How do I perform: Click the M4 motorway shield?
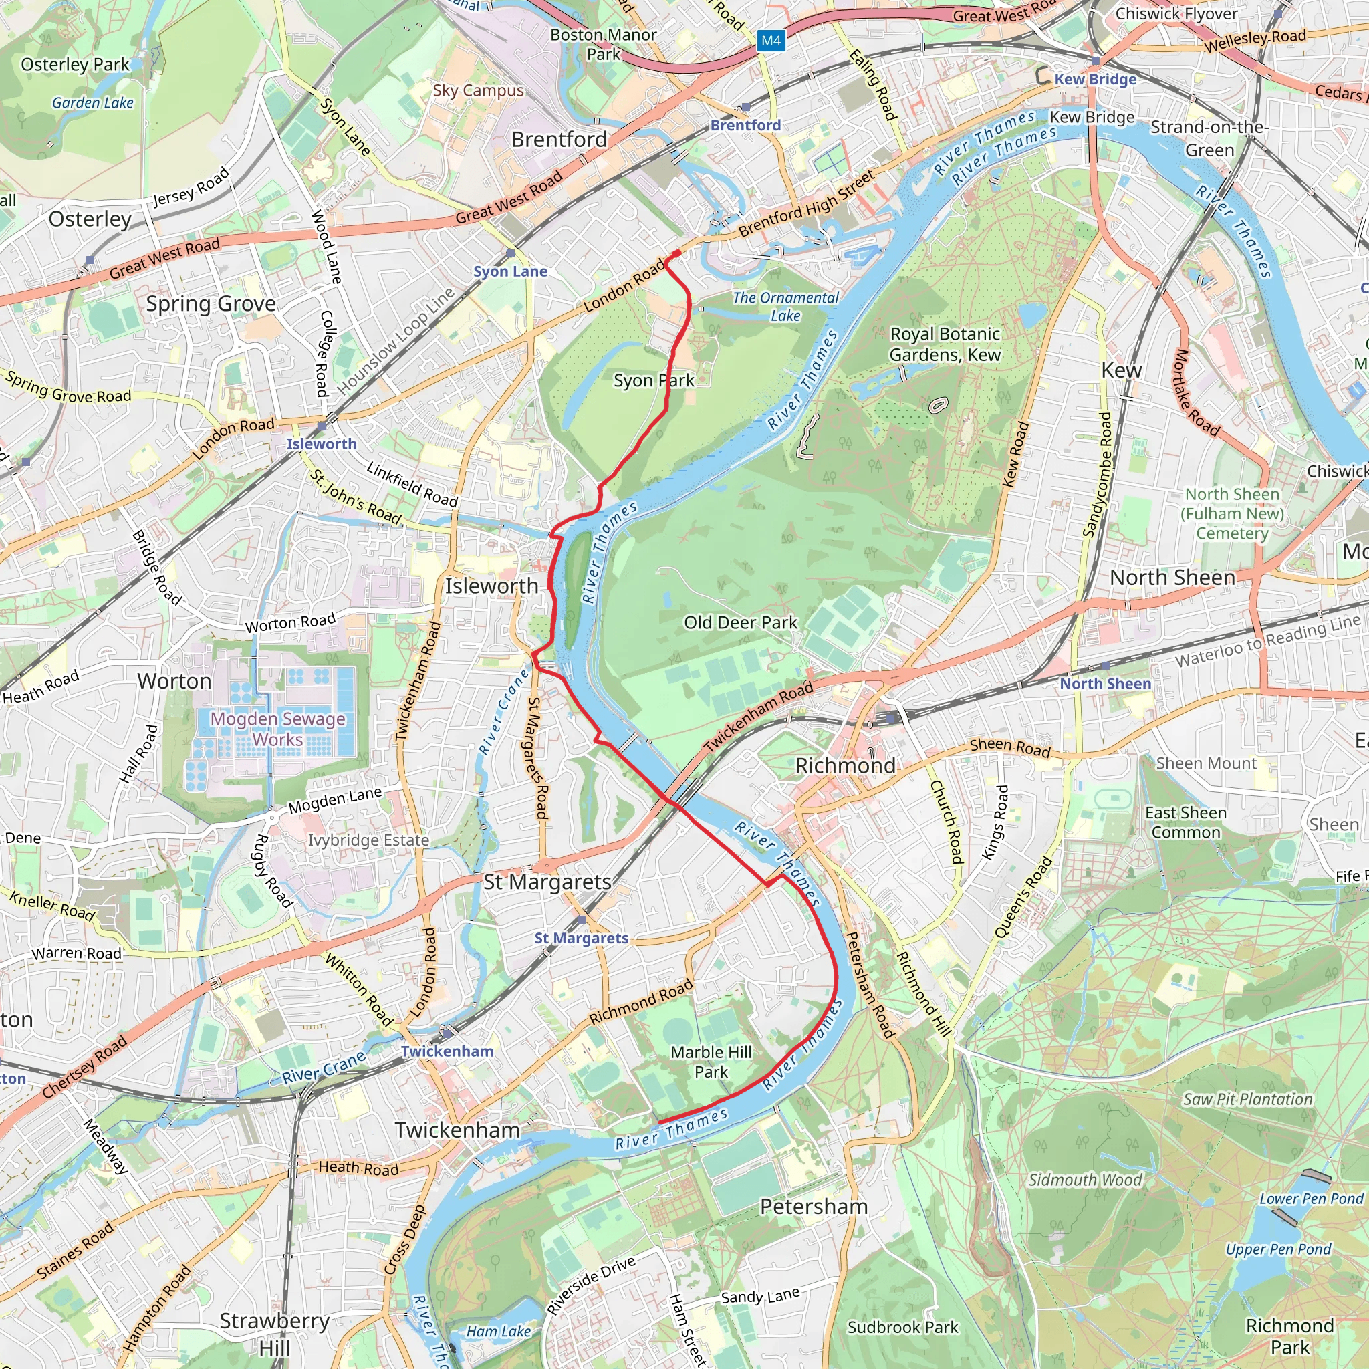tap(771, 40)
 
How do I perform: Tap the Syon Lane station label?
tap(510, 271)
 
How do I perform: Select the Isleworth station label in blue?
tap(322, 444)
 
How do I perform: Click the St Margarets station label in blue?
tap(581, 937)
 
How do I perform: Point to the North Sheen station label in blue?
tap(1106, 683)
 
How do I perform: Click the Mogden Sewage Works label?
tap(278, 729)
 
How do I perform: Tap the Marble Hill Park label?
tap(711, 1062)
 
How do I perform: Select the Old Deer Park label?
tap(741, 622)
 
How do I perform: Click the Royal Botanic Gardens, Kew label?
tap(945, 344)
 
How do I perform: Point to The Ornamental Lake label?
tap(785, 306)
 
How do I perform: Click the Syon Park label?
tap(653, 380)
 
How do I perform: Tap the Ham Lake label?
tap(498, 1332)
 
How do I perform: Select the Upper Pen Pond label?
tap(1278, 1249)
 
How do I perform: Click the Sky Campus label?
tap(479, 90)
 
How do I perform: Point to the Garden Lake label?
tap(93, 103)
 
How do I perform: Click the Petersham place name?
tap(814, 1206)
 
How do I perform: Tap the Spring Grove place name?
tap(211, 303)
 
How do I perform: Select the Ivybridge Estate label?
tap(368, 840)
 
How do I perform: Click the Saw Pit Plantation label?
tap(1247, 1099)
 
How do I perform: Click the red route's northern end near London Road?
tap(676, 253)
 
